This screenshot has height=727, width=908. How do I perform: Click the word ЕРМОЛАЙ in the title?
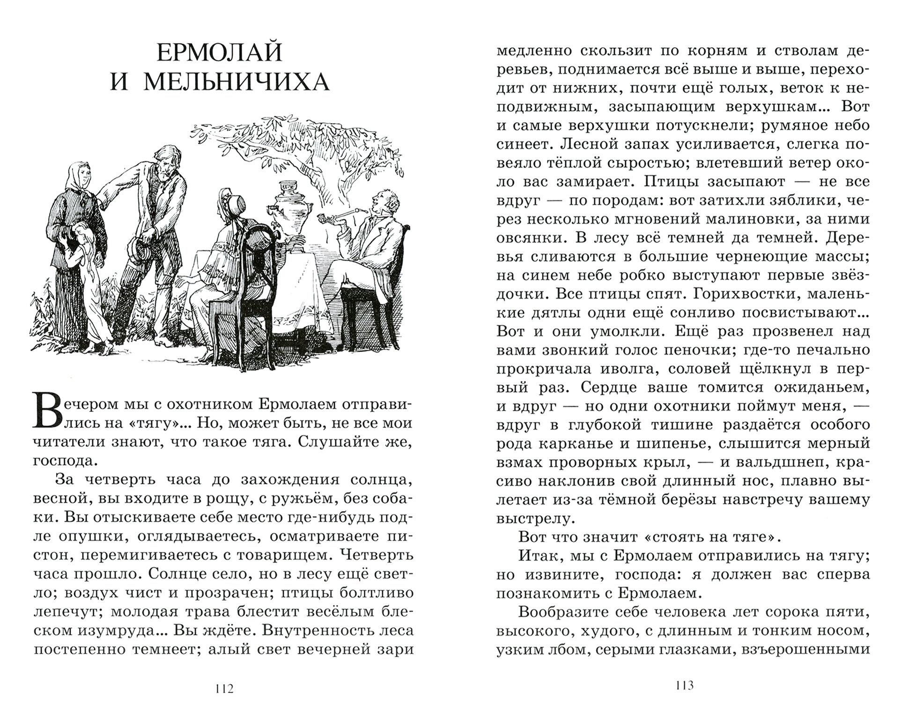coord(219,53)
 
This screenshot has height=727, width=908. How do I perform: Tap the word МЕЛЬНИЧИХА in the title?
coord(236,82)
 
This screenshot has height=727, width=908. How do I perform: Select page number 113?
coord(684,686)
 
